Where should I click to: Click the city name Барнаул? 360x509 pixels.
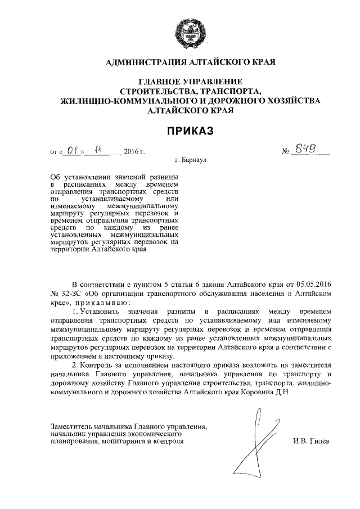click(x=195, y=160)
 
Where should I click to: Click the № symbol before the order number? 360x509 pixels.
click(x=285, y=152)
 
